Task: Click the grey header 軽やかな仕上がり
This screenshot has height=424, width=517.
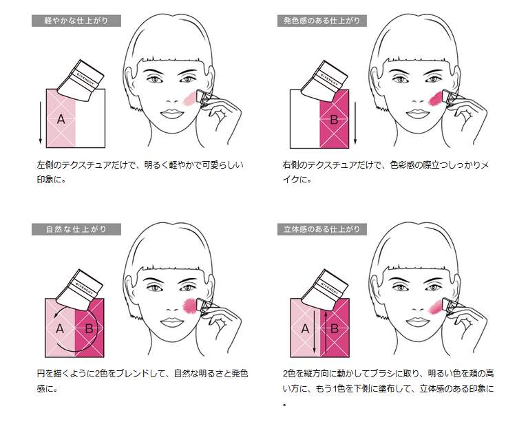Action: coord(76,21)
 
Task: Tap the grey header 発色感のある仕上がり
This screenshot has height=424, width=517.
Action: coord(321,21)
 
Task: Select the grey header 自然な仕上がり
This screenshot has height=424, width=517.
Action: coord(76,229)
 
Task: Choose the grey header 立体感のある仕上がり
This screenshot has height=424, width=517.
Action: coord(321,229)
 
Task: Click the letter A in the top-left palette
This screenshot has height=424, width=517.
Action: coord(61,119)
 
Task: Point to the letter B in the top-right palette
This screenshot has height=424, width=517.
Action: coord(334,120)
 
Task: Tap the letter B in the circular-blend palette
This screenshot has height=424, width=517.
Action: coord(89,328)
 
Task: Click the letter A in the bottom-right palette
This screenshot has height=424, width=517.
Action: coord(305,328)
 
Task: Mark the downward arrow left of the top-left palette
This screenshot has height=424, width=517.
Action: coord(40,123)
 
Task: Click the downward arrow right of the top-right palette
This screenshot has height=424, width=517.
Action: coord(355,123)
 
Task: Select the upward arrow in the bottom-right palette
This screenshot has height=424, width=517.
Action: coord(326,332)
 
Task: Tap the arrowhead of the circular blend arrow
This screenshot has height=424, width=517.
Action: coord(56,315)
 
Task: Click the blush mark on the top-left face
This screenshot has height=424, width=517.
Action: coord(189,98)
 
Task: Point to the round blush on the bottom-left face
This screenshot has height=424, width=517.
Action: coord(189,306)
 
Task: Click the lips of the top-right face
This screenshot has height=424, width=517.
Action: coord(417,114)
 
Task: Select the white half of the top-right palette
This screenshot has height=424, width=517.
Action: coord(305,118)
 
